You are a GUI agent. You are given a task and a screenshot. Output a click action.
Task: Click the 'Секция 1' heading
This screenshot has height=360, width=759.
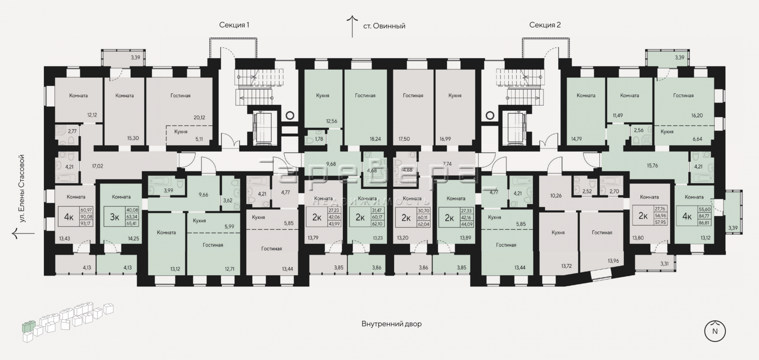pyautogui.click(x=234, y=25)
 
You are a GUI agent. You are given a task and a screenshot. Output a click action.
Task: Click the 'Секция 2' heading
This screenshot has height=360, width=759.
pyautogui.click(x=545, y=25)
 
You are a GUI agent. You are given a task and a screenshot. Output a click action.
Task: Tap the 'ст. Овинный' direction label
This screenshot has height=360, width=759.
pyautogui.click(x=384, y=26)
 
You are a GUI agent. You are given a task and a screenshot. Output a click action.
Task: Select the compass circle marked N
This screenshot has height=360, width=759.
pyautogui.click(x=715, y=331)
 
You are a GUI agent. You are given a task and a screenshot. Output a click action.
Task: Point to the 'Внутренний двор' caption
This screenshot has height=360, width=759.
pyautogui.click(x=392, y=324)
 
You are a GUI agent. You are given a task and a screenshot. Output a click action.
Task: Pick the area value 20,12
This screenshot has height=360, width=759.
pyautogui.click(x=199, y=117)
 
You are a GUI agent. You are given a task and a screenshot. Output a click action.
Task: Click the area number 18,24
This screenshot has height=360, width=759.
pyautogui.click(x=375, y=139)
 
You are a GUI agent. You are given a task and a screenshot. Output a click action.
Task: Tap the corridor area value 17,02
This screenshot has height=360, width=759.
pyautogui.click(x=98, y=166)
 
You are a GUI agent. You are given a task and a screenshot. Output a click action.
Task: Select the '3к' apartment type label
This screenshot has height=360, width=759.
pyautogui.click(x=115, y=217)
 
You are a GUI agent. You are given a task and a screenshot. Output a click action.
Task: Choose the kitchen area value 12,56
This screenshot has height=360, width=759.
pyautogui.click(x=331, y=121)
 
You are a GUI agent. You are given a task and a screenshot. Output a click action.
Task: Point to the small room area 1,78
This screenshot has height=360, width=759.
pyautogui.click(x=319, y=139)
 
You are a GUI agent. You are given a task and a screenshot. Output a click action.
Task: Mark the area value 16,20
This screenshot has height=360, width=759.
pyautogui.click(x=697, y=115)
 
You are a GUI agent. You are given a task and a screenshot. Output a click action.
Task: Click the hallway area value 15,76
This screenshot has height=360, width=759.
pyautogui.click(x=653, y=166)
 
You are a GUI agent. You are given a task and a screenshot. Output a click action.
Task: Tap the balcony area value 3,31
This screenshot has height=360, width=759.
pyautogui.click(x=665, y=263)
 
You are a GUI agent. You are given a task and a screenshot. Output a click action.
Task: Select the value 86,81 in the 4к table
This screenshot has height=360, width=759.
pyautogui.click(x=704, y=223)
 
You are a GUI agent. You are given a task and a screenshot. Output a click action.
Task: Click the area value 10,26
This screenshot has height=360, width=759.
pyautogui.click(x=556, y=196)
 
